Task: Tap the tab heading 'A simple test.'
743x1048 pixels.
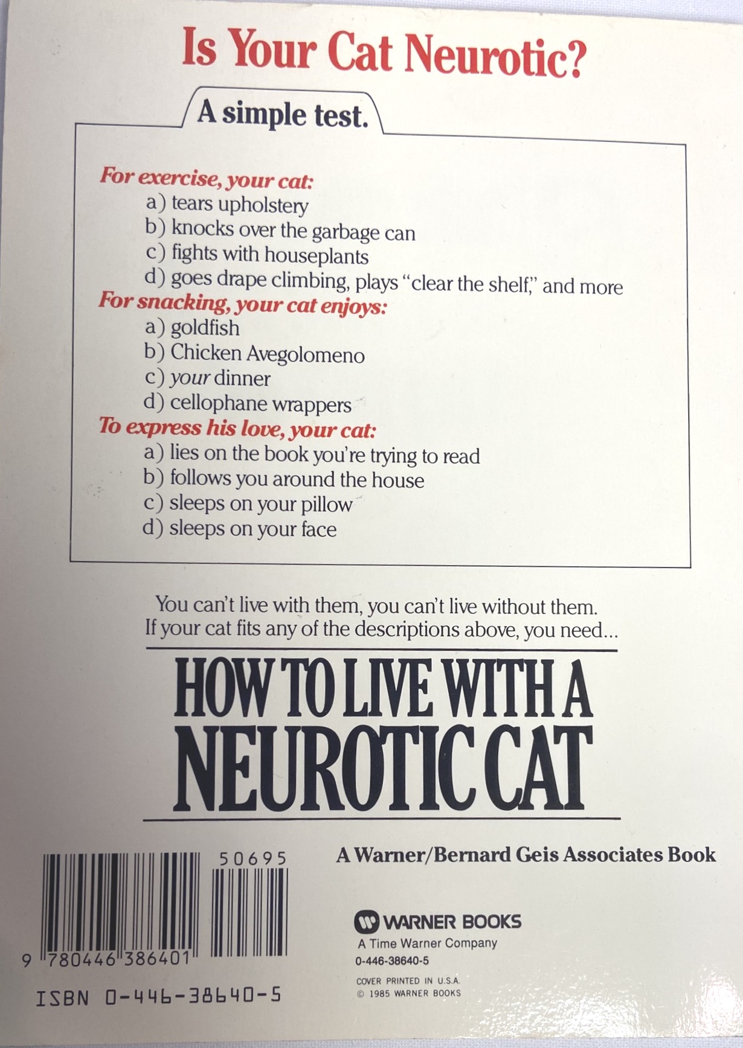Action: click(283, 113)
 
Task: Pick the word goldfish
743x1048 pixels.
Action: click(205, 328)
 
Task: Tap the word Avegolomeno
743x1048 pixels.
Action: click(306, 354)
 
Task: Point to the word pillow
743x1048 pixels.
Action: click(327, 505)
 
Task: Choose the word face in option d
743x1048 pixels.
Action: click(314, 529)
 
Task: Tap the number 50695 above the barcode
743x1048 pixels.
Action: click(252, 858)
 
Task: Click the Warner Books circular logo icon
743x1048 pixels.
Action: click(367, 921)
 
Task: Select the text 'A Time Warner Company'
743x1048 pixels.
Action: click(427, 943)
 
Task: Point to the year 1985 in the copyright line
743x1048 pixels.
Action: click(380, 993)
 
